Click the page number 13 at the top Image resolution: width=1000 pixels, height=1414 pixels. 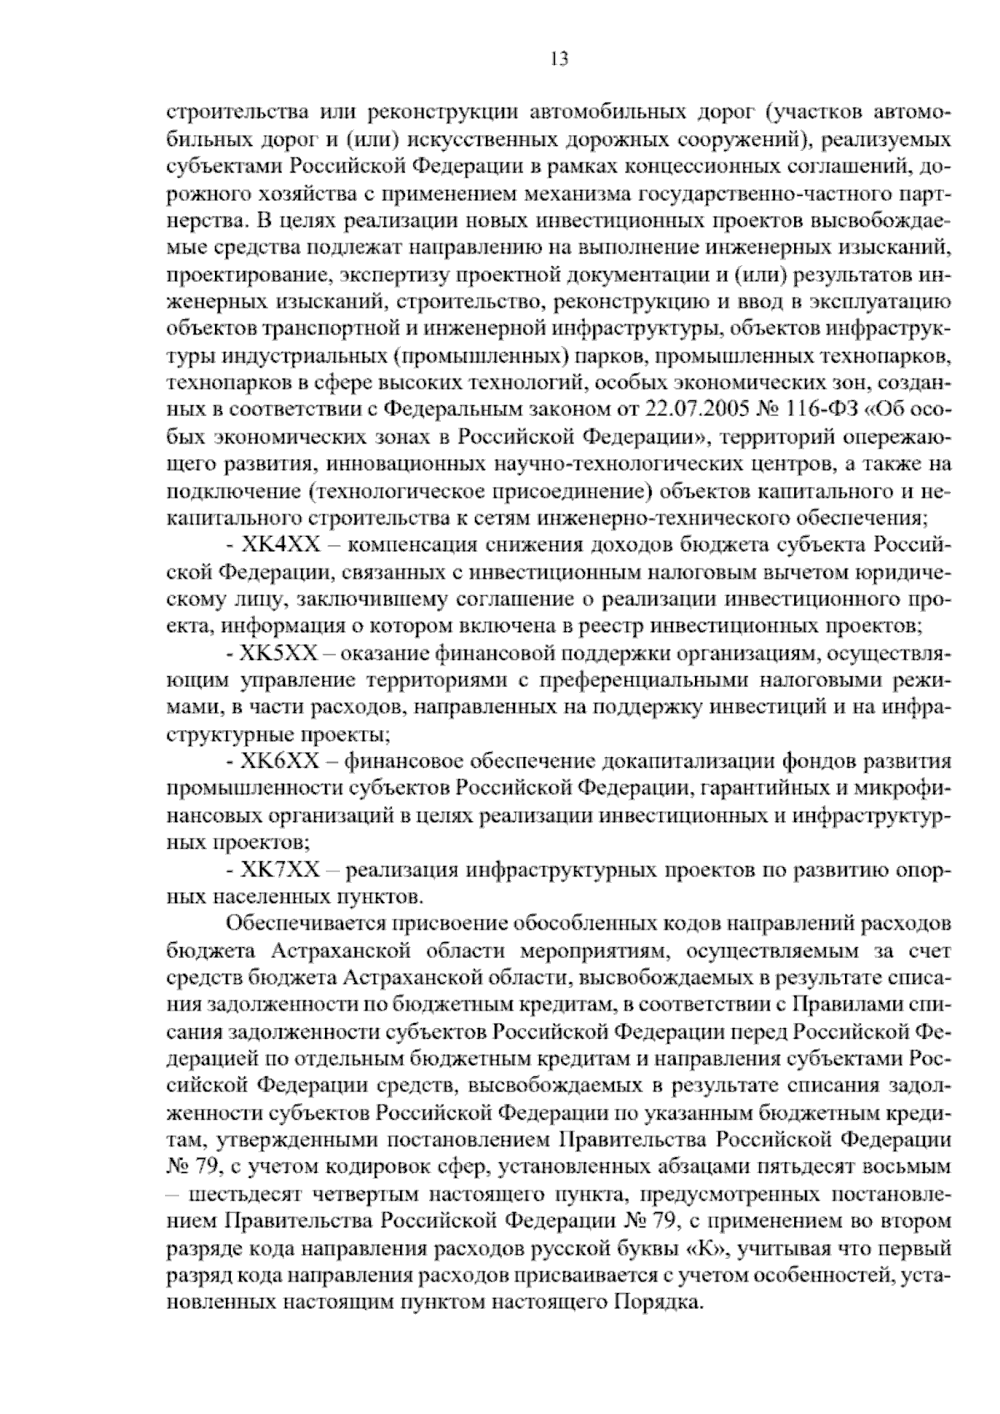point(559,58)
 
